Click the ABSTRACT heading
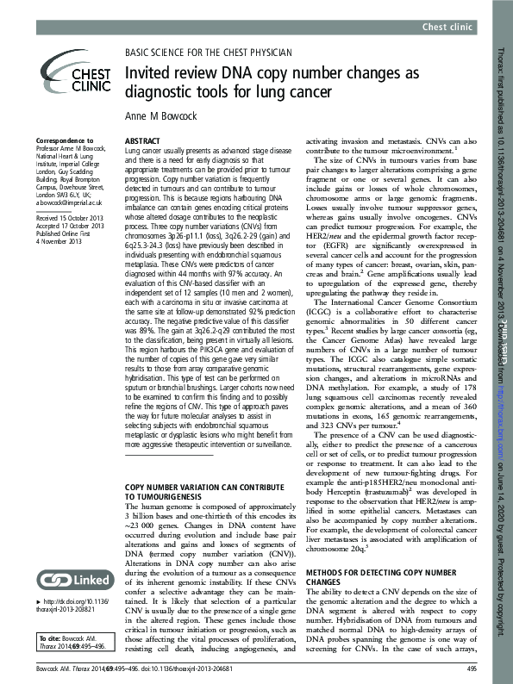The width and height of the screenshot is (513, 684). pos(141,139)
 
